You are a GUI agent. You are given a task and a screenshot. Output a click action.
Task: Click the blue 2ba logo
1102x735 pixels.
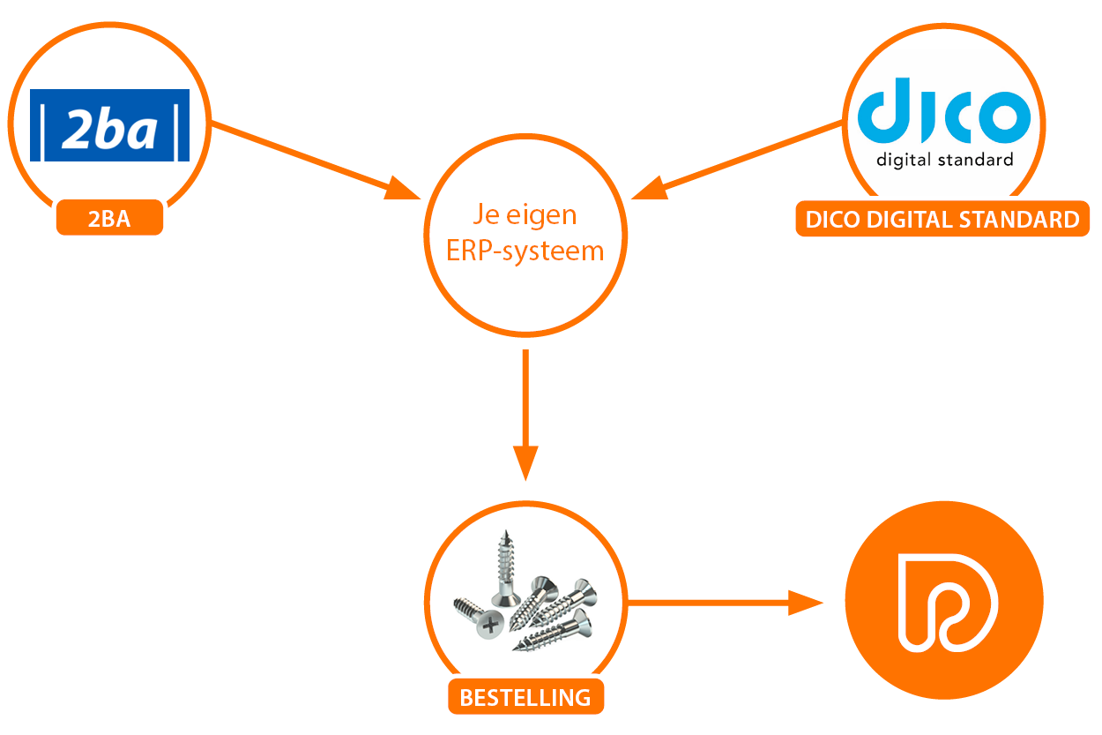(109, 125)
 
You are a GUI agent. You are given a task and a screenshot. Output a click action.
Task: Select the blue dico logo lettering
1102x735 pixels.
(944, 112)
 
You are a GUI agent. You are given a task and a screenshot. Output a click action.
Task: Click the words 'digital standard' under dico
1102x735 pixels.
(944, 160)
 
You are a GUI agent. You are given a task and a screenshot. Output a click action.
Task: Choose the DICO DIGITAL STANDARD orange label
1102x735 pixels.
(942, 220)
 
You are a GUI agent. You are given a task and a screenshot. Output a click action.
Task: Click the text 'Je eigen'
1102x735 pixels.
(525, 216)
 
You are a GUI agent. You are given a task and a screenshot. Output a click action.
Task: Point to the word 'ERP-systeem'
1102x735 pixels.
(525, 251)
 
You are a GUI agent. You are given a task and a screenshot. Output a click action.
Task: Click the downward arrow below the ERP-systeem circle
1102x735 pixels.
(525, 415)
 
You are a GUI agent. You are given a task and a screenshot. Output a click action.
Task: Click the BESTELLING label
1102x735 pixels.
(525, 697)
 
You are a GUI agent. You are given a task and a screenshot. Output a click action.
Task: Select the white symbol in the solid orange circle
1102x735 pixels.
(943, 602)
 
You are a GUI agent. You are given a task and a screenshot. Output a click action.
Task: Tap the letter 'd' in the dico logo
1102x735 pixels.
(883, 110)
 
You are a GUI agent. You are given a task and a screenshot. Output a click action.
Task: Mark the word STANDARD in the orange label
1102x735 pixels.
(1024, 220)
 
